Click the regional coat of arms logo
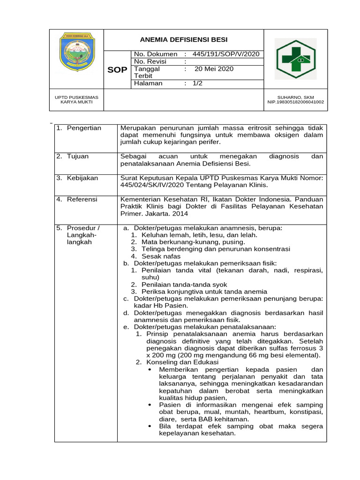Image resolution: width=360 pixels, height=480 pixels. click(x=77, y=52)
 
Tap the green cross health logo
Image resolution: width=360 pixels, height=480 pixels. click(x=296, y=59)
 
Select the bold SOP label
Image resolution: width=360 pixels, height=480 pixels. click(x=117, y=70)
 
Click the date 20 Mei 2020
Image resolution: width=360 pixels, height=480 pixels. click(x=214, y=69)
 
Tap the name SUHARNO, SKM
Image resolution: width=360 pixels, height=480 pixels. click(x=295, y=97)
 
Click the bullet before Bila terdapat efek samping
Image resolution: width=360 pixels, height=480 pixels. click(x=150, y=427)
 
